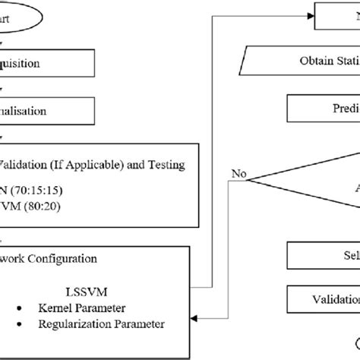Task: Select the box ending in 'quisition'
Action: tap(46, 63)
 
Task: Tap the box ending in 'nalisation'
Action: tap(46, 110)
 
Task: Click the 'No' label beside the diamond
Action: tap(238, 174)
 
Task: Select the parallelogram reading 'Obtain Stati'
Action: tap(304, 60)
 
